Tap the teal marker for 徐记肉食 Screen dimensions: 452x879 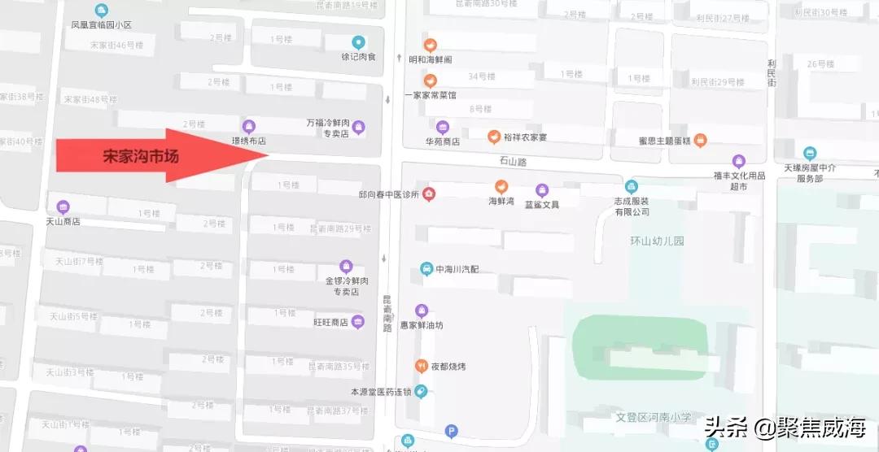358,42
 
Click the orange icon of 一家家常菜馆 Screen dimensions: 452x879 431,80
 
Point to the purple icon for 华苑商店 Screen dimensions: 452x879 443,127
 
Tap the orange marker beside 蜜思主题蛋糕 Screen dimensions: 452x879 700,141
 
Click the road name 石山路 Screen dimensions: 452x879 513,162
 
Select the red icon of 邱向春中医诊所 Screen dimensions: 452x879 428,193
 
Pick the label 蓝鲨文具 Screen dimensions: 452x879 541,204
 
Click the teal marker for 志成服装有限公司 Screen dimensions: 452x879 632,185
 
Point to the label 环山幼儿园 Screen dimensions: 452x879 658,241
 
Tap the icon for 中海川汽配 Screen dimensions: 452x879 426,269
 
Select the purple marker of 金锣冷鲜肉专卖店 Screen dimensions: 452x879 346,266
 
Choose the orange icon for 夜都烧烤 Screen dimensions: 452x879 422,366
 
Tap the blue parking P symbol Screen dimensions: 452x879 452,432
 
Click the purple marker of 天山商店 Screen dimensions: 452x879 63,206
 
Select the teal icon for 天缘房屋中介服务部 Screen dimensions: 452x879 809,153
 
